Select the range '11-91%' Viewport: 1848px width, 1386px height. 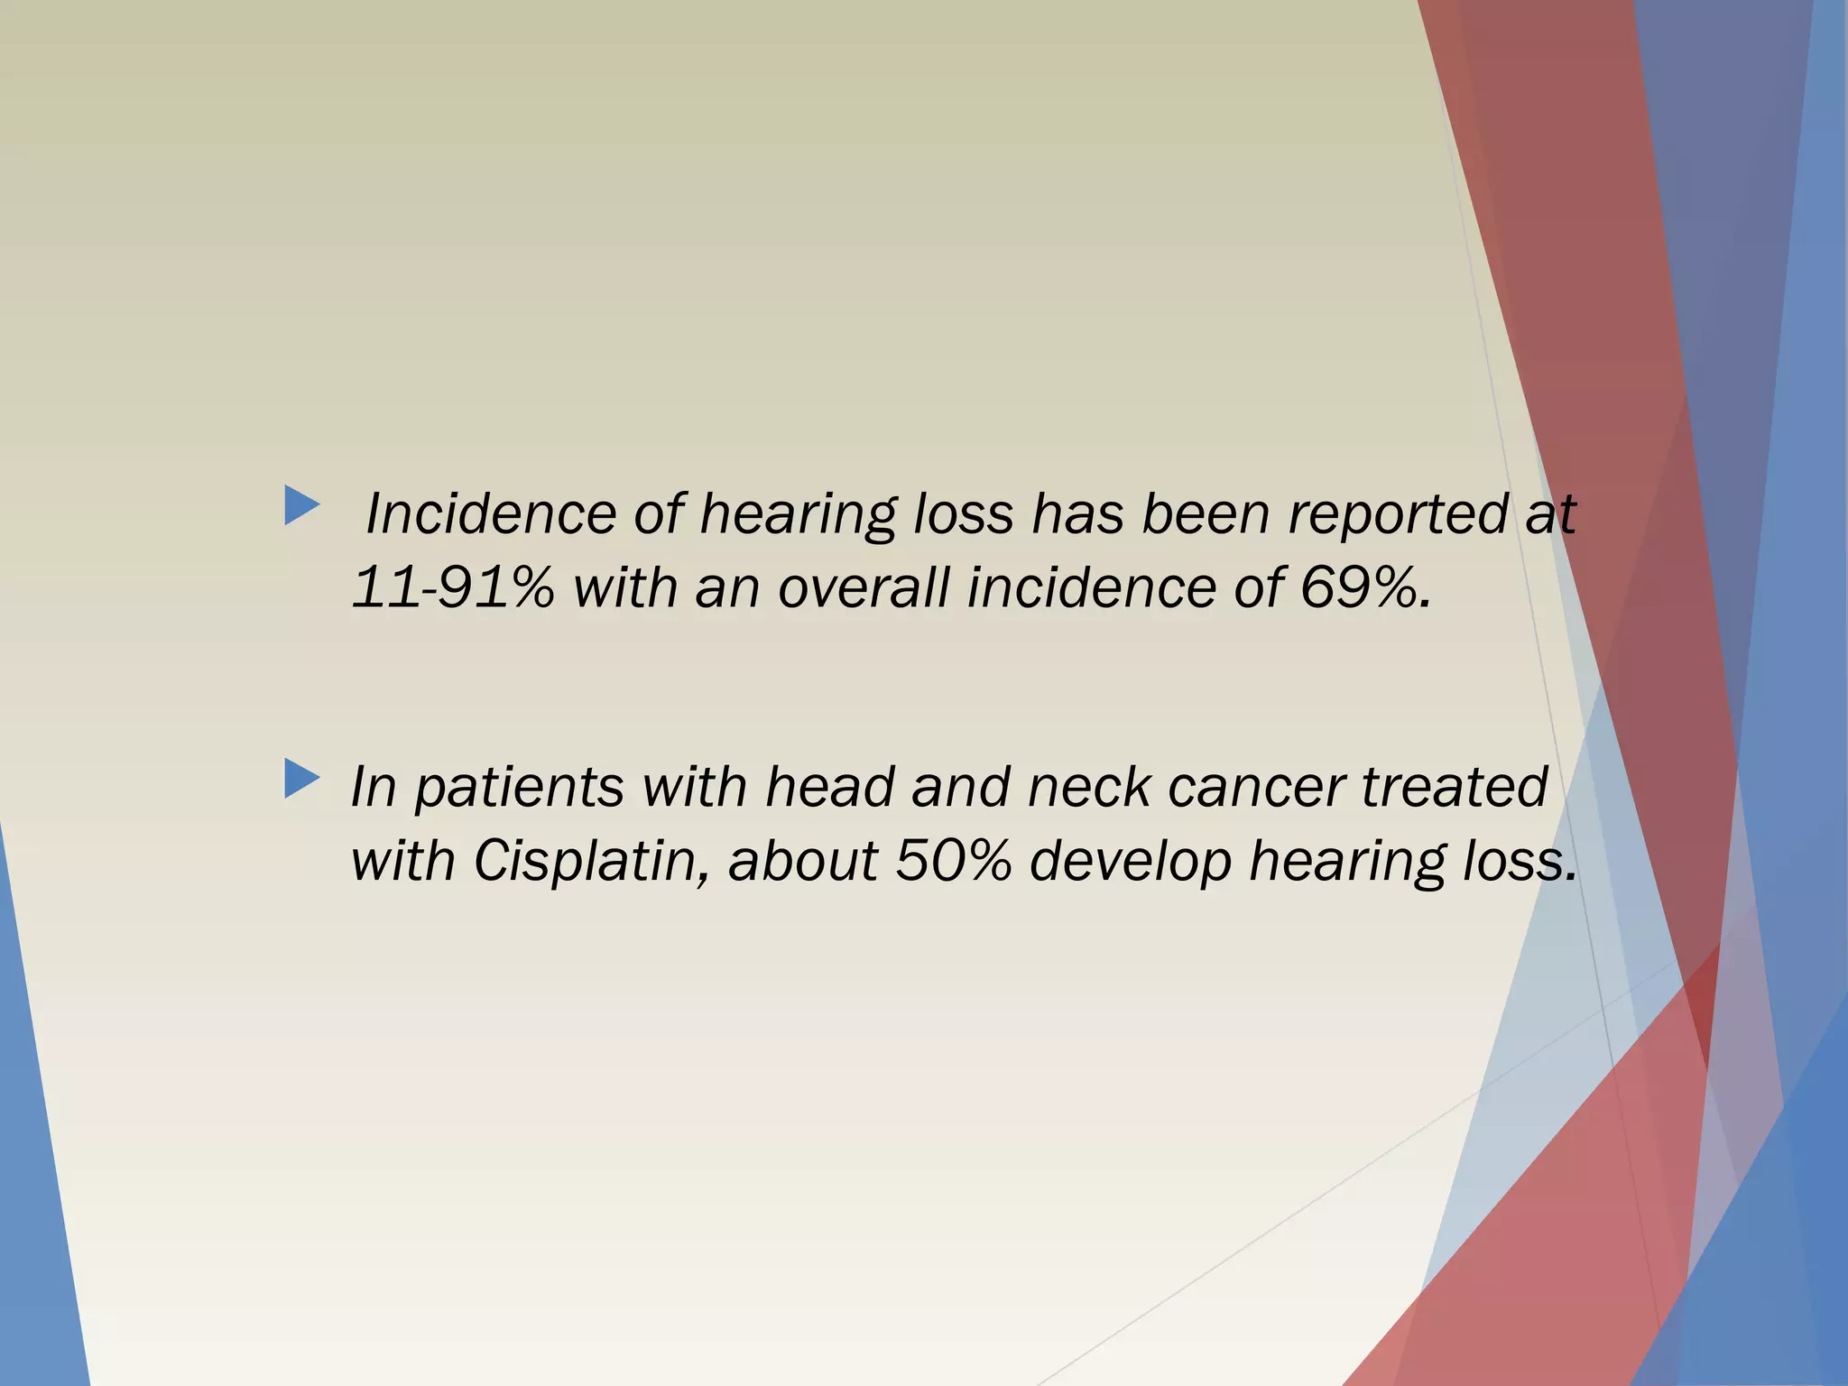(452, 587)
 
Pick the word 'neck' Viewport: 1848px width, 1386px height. (1088, 786)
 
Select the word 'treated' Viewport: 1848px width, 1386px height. (1455, 786)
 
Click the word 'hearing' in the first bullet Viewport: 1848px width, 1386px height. (798, 515)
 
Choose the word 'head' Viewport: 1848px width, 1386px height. (828, 786)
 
